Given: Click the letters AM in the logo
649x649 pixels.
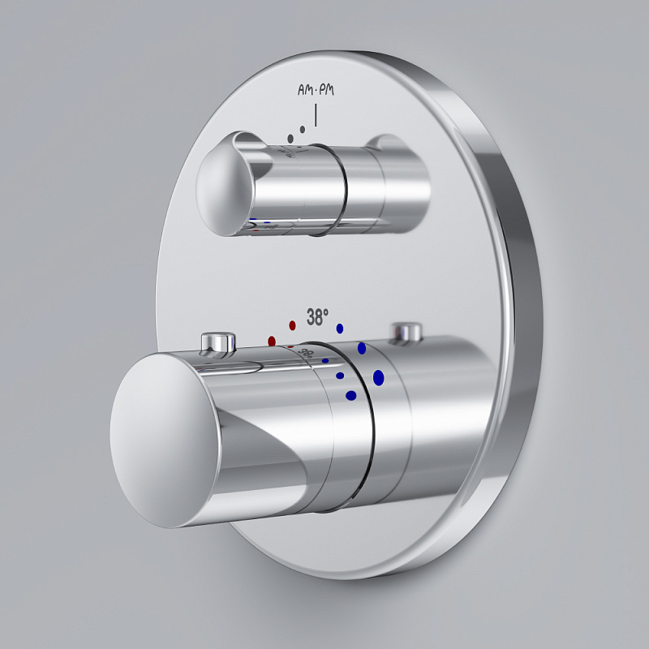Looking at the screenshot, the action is point(305,90).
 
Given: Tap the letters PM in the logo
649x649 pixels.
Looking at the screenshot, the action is point(327,89).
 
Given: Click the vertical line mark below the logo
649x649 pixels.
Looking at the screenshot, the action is point(316,115).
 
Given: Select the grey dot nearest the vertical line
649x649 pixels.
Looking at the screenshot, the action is point(303,130).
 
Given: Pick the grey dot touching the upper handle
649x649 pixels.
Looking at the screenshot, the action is point(290,139).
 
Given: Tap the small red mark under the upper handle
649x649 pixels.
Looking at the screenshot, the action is point(256,230).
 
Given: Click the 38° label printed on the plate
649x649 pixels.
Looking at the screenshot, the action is point(317,317).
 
